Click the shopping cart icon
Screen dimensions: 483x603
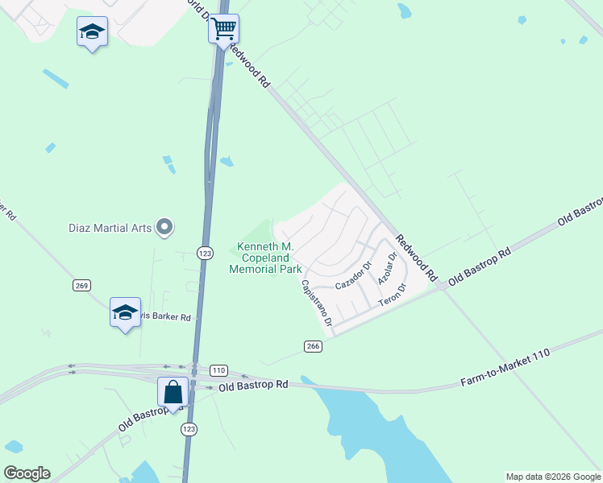coord(223,29)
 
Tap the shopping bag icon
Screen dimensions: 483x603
coord(173,392)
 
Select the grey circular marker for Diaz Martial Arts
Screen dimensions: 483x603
coord(165,228)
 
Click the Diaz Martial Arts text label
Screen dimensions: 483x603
coord(110,228)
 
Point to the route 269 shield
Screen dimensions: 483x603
coord(81,285)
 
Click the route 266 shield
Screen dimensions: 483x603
coord(314,346)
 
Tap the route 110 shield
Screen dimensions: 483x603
coord(218,370)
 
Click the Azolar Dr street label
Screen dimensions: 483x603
coord(388,270)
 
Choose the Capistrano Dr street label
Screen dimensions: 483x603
coord(316,303)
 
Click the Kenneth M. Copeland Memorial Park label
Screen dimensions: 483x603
coord(265,258)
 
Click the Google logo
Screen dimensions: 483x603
coord(27,473)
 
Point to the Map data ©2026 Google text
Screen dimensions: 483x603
coord(553,477)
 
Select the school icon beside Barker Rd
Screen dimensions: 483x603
coord(125,312)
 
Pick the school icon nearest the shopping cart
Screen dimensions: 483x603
coord(92,32)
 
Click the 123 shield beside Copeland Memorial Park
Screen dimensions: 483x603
coord(205,253)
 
